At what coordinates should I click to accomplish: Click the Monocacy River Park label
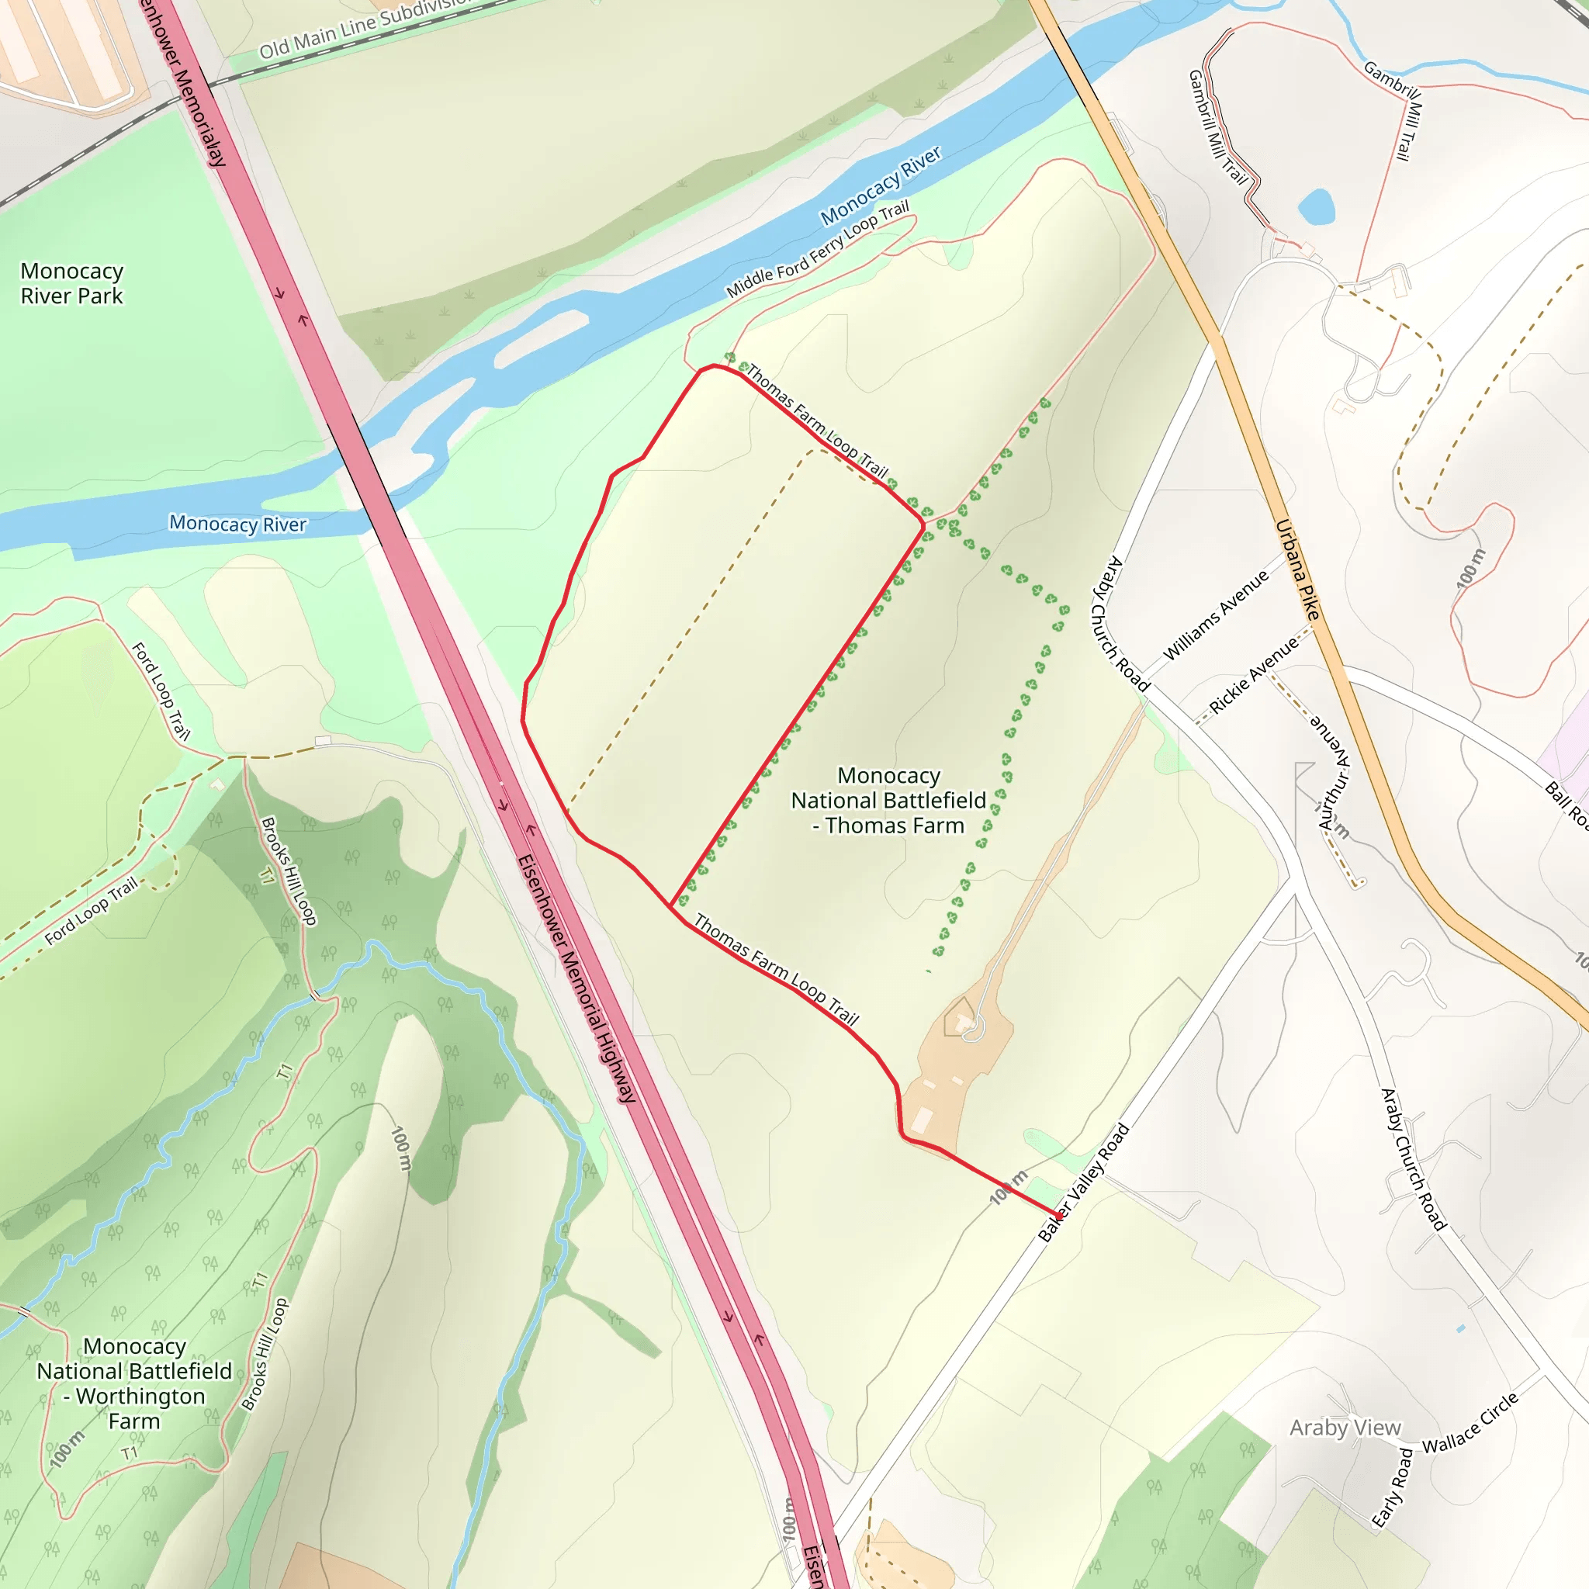(71, 284)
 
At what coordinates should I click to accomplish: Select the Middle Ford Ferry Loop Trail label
(817, 249)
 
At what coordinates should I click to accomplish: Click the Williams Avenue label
(1216, 614)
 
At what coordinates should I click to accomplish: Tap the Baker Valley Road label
(1083, 1182)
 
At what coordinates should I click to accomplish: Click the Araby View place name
(1345, 1428)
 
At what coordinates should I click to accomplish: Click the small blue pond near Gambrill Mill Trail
(1316, 206)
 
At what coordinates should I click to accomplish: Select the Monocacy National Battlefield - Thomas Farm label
(888, 800)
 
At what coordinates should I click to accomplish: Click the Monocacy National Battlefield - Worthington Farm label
(134, 1383)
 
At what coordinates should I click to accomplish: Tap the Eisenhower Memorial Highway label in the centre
(576, 978)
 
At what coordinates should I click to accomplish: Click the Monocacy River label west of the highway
(237, 524)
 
